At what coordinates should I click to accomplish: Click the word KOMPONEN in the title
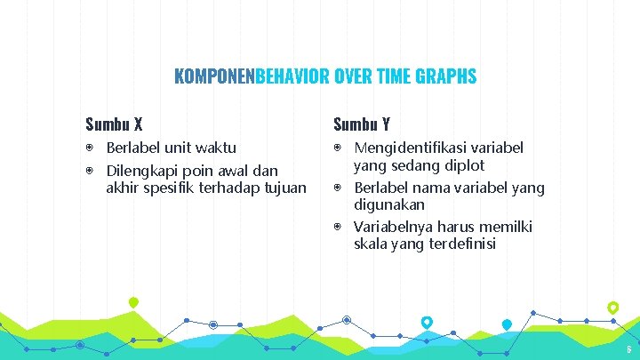coord(214,76)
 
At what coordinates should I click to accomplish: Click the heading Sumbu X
coord(115,124)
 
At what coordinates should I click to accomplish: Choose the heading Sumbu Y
coord(362,124)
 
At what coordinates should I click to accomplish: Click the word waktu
coord(216,148)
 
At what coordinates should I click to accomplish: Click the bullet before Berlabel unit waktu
coord(90,148)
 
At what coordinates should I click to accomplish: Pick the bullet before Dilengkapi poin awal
coord(90,170)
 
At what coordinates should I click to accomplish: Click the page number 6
coord(628,349)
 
